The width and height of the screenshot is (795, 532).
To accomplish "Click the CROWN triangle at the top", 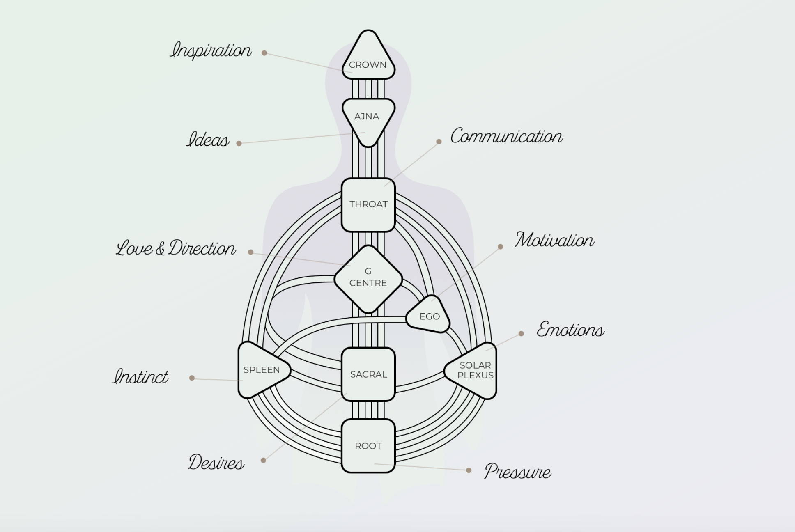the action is (368, 57).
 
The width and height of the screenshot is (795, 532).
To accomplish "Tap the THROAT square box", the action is (368, 205).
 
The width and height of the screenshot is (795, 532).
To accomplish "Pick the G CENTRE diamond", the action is (368, 280).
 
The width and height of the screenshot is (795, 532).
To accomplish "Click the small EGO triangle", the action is (429, 315).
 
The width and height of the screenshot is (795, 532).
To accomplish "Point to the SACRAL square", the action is (368, 374).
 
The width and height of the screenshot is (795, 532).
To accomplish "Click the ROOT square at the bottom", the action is (368, 446).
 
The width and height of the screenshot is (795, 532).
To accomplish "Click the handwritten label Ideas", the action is (208, 140).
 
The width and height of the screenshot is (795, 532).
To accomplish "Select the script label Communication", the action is (507, 136).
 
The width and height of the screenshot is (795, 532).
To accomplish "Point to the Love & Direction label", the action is (176, 248).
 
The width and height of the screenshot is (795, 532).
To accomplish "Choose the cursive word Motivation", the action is (555, 240).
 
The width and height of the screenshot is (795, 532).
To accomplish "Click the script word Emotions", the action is (571, 329).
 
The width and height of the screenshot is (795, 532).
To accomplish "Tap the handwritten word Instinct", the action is (140, 376).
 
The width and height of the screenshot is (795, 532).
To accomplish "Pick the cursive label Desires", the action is (216, 463).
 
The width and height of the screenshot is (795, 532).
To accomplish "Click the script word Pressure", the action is (518, 472).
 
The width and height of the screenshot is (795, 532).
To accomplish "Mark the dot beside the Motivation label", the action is (500, 247).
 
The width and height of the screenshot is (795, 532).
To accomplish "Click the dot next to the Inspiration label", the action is (264, 53).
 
